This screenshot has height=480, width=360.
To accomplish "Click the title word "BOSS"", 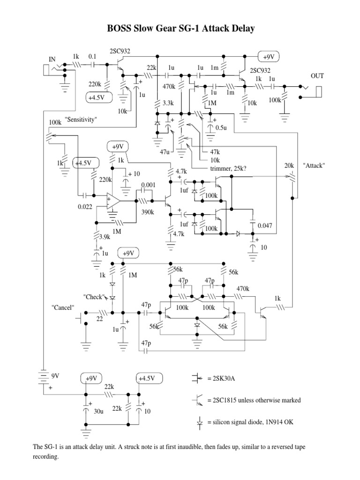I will pos(121,29).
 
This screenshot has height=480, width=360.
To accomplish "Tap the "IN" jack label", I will pos(52,59).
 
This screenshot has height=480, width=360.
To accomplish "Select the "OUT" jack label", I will pos(317,75).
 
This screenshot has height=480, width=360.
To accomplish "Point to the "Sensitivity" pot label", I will pos(81,120).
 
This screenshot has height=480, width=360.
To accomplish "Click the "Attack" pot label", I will pos(314,166).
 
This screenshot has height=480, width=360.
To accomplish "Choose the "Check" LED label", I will pos(93,297).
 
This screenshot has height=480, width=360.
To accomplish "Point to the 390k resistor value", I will pos(149,212).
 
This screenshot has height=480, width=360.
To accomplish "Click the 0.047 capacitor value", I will pos(266,225).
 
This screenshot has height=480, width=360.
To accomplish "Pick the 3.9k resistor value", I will pos(105,237).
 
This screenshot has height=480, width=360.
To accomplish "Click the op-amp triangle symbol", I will pos(112,200).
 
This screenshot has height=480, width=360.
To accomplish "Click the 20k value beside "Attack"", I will pos(290,166).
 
